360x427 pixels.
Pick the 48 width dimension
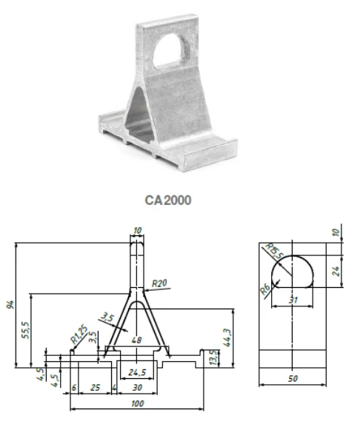pos(136,340)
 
